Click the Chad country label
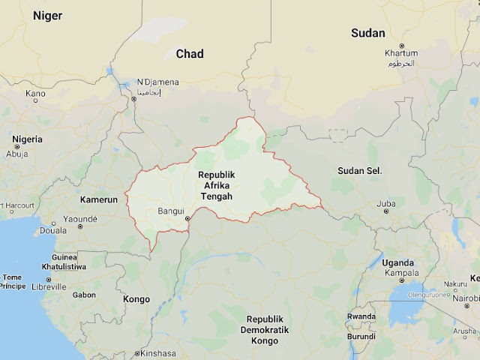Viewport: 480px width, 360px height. (189, 53)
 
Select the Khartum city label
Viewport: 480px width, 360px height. (401, 54)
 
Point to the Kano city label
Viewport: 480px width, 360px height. (35, 94)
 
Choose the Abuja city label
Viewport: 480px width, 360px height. (16, 154)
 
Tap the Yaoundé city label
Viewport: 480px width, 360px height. (80, 219)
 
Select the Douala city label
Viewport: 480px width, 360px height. (53, 230)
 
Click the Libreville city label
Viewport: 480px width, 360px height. (48, 286)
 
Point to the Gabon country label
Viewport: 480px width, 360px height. (84, 295)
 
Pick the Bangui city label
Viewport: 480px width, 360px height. (171, 211)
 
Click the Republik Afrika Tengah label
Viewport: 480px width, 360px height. (215, 185)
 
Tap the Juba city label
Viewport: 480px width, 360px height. (385, 203)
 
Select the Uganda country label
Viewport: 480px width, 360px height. (397, 262)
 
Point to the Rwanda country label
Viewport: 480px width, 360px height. (361, 316)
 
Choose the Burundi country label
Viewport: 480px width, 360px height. (362, 336)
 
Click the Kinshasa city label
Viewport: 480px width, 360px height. (157, 353)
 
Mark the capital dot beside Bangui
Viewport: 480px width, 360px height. (188, 219)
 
